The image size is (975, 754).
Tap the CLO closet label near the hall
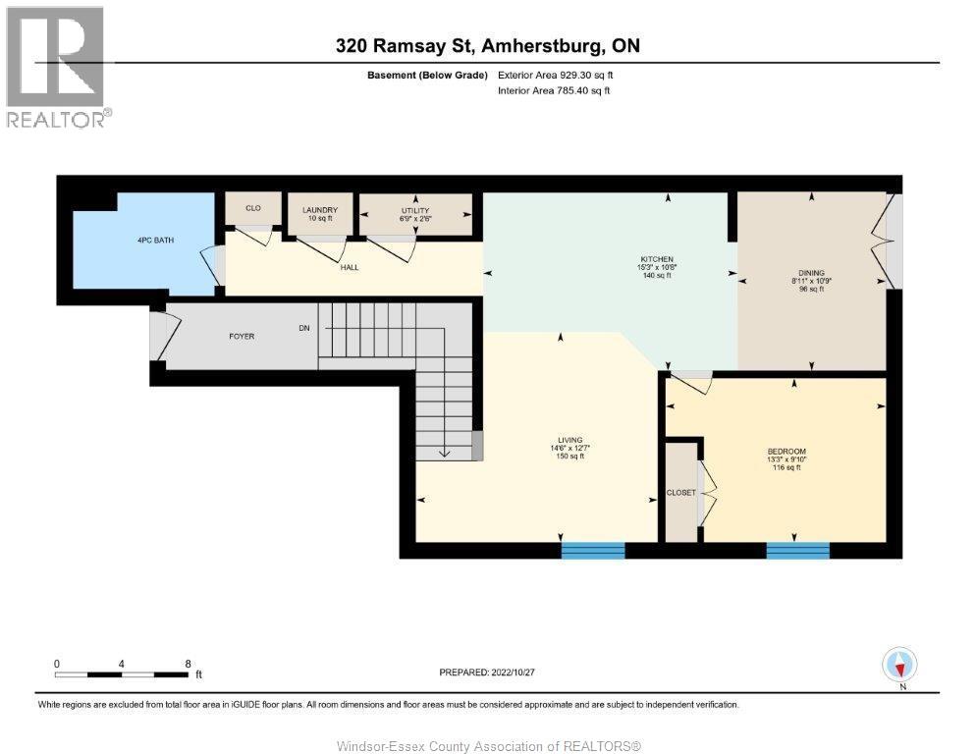[x=252, y=208]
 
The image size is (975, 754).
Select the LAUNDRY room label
[x=320, y=210]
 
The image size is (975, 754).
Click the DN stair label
[x=305, y=328]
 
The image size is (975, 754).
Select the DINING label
[x=811, y=273]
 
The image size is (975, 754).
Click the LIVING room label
[x=569, y=440]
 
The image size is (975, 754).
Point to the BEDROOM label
[x=785, y=451]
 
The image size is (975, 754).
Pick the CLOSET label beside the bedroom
[x=680, y=492]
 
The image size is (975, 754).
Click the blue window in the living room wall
[x=593, y=550]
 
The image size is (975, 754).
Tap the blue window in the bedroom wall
[x=797, y=550]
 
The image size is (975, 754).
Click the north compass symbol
[x=899, y=665]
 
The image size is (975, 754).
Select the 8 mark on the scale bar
[x=188, y=664]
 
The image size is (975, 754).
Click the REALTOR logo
[x=56, y=67]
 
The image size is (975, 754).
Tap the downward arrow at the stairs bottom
[x=443, y=452]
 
